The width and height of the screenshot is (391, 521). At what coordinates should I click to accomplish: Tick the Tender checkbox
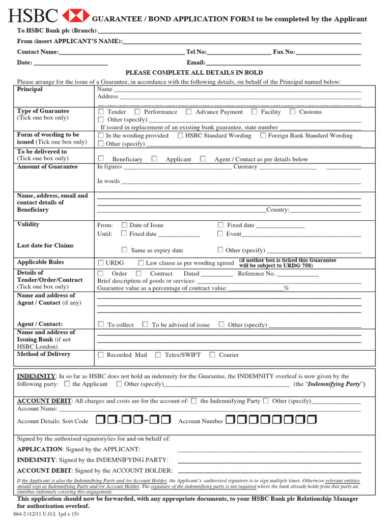101,111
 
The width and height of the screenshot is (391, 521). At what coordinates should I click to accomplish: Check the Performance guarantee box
137,111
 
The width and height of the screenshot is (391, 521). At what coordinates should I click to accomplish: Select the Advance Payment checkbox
189,111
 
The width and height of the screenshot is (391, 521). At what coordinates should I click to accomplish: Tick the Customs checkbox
293,111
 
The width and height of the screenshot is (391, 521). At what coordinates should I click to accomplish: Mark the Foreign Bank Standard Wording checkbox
263,135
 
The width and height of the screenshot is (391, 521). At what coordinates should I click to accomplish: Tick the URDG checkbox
101,263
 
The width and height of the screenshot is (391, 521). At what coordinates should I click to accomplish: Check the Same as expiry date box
124,250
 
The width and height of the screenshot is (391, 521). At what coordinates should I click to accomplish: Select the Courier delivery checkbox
212,355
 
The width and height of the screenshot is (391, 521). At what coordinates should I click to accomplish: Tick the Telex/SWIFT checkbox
158,355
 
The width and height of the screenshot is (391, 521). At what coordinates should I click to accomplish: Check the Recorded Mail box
101,355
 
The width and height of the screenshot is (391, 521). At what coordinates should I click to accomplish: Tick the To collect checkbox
101,324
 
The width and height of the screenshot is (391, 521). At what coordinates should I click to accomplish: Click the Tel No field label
197,52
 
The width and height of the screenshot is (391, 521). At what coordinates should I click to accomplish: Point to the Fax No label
284,52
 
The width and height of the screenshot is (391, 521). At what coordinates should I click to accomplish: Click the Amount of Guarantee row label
47,167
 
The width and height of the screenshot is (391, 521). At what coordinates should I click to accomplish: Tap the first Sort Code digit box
99,420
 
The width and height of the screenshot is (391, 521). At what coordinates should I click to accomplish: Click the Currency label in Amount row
245,167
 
